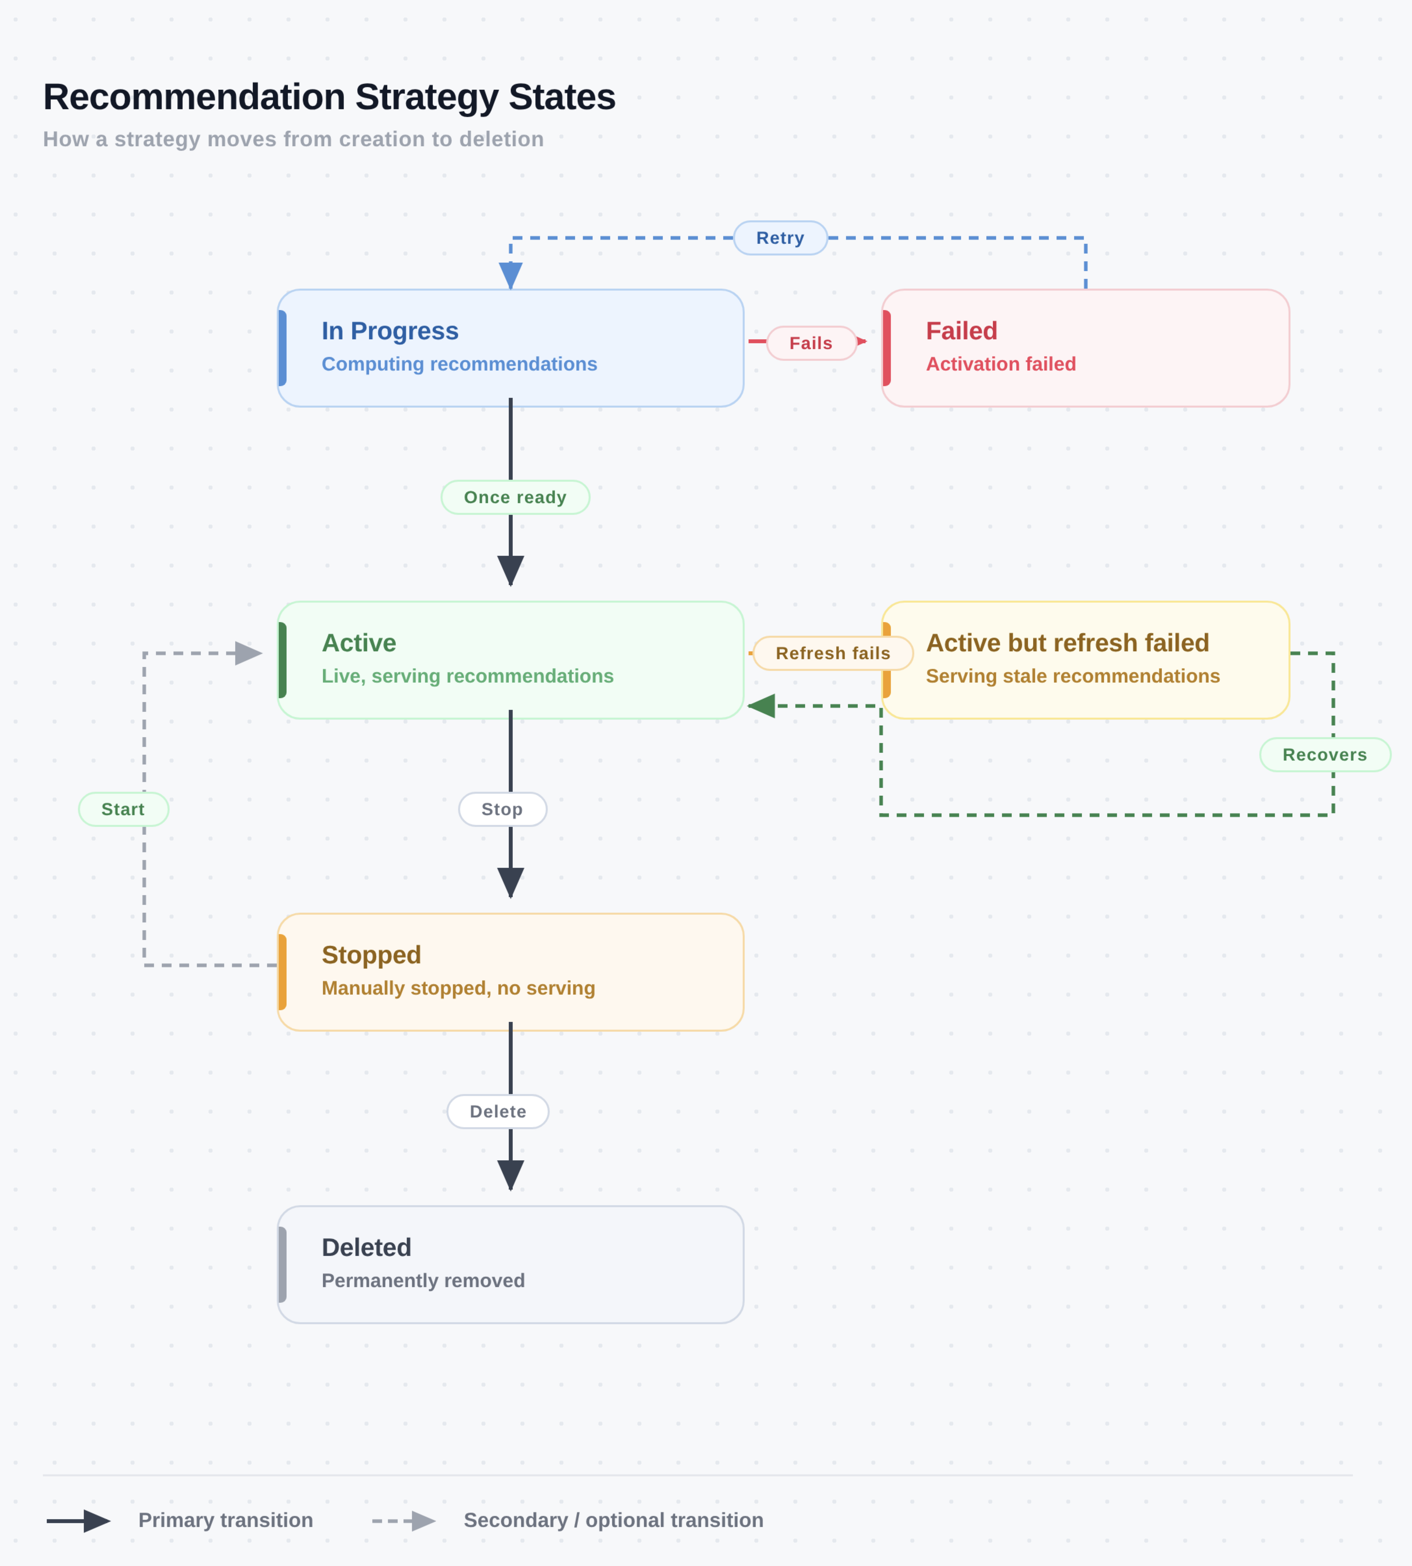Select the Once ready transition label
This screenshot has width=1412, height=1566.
point(515,497)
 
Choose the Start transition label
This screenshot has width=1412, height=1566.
point(123,809)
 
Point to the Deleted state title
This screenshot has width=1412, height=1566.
point(366,1247)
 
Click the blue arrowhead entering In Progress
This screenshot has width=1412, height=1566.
point(510,276)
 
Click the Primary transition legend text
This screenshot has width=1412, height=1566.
point(226,1520)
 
